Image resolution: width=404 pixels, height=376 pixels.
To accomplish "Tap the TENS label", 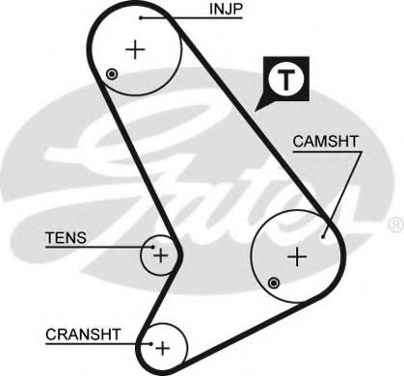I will tap(67, 236).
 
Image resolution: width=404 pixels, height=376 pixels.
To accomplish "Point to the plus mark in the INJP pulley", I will tap(135, 49).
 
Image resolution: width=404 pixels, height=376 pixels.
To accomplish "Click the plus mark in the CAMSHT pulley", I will tap(298, 256).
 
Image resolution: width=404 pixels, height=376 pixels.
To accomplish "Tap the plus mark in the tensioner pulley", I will tap(160, 255).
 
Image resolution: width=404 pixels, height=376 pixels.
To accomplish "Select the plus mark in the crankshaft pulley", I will tap(162, 346).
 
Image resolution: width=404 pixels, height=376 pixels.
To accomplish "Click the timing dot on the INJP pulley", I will tap(114, 74).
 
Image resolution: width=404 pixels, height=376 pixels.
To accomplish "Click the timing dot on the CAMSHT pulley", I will tap(275, 282).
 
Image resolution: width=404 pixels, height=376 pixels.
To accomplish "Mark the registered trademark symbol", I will tap(393, 225).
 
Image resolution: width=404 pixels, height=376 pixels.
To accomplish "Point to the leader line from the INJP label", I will tap(174, 17).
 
